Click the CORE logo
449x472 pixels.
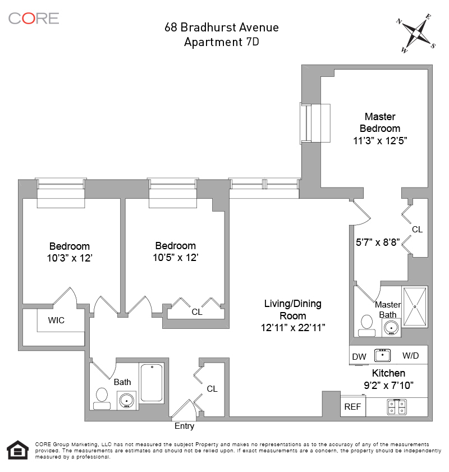coord(34,18)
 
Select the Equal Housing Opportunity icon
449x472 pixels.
coord(17,450)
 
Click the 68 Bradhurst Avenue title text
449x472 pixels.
coord(221,27)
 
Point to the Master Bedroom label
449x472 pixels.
coord(380,122)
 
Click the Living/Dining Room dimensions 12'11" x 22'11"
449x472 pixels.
coord(292,327)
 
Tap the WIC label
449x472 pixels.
coord(56,320)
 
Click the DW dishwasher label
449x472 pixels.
coord(359,356)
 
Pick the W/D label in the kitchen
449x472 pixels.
coord(410,356)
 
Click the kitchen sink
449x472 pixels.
coord(383,355)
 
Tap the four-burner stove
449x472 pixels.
coord(396,407)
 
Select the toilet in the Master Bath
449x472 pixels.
coord(367,325)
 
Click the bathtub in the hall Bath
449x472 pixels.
coord(151,383)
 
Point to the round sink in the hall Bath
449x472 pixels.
coord(126,400)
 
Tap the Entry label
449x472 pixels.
coord(184,426)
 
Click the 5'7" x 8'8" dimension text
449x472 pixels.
coord(377,243)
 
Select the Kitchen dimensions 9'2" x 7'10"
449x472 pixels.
coord(388,386)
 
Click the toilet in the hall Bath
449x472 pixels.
coord(102,396)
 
